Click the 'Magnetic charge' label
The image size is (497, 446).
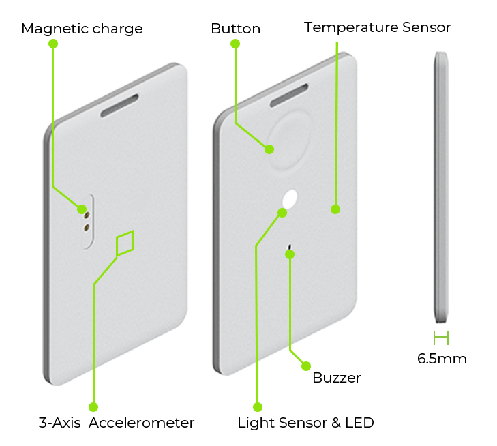tap(82, 29)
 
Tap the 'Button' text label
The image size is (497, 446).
tap(235, 29)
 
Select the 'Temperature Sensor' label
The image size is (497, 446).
tap(377, 27)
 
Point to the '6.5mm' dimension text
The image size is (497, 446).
tap(442, 359)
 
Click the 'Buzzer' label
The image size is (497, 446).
tap(336, 378)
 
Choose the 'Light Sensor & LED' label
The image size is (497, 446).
tap(306, 423)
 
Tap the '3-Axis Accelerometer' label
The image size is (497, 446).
tap(117, 423)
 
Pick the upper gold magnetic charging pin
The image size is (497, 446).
tap(86, 215)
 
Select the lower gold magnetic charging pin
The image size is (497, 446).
tap(86, 227)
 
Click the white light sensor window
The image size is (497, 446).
tap(290, 199)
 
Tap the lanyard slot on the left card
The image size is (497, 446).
tap(119, 106)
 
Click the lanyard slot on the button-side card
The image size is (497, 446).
tap(289, 95)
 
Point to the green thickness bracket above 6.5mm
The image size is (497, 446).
tap(441, 338)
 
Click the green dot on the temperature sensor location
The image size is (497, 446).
tap(335, 209)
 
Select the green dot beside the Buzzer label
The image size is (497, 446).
tap(306, 366)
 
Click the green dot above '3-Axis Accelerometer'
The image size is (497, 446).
tap(93, 407)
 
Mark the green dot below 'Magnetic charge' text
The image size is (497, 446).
tap(53, 44)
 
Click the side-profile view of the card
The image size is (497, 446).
tap(441, 188)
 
